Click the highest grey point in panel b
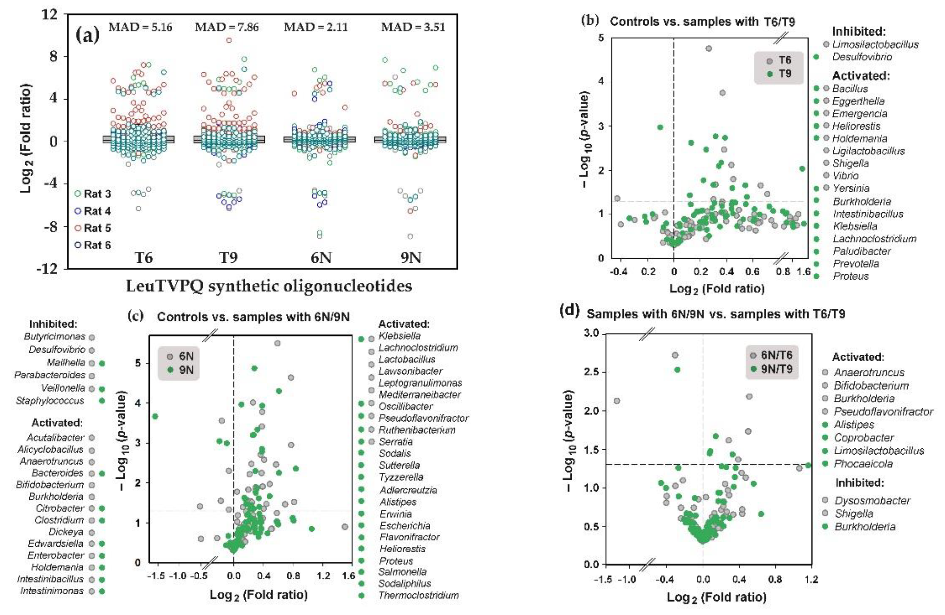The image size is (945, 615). tap(709, 49)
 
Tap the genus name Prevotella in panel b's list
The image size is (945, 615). tap(856, 263)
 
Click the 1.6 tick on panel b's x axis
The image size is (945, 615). tap(804, 271)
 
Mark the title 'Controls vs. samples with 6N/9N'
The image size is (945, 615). tap(253, 317)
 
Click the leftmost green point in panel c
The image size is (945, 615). tap(155, 416)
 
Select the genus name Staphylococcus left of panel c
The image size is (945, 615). tap(50, 401)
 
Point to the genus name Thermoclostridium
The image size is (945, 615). tap(419, 595)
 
